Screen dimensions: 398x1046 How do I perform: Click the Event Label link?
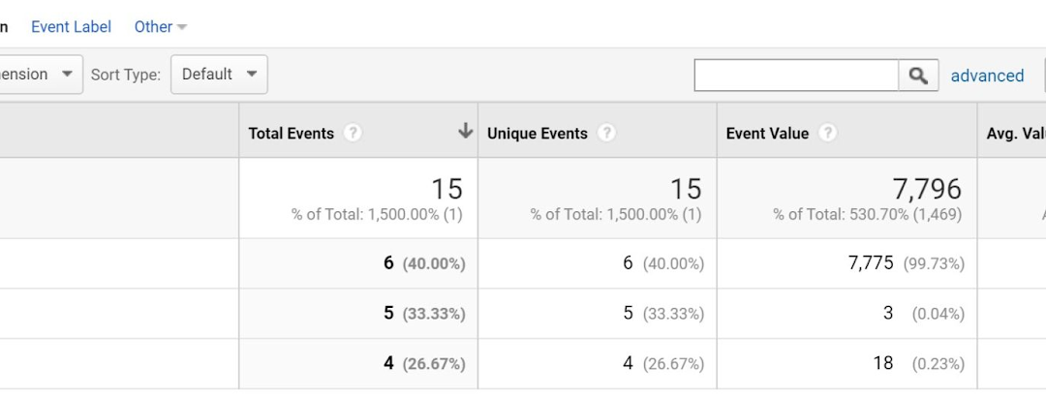pyautogui.click(x=71, y=27)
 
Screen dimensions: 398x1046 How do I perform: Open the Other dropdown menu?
pyautogui.click(x=160, y=27)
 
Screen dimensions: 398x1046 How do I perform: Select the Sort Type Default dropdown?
pyautogui.click(x=219, y=75)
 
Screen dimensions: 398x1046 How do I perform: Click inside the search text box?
pyautogui.click(x=796, y=76)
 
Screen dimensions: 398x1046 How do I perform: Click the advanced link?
pyautogui.click(x=987, y=76)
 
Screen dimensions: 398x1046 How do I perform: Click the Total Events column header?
pyautogui.click(x=291, y=134)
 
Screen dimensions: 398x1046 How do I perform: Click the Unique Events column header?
pyautogui.click(x=537, y=134)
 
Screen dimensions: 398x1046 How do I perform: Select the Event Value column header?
pyautogui.click(x=767, y=134)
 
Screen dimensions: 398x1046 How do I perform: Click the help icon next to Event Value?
pyautogui.click(x=828, y=134)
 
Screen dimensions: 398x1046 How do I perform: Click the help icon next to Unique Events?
pyautogui.click(x=607, y=134)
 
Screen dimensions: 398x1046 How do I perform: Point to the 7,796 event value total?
pyautogui.click(x=927, y=188)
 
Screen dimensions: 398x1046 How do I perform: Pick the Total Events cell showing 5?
pyautogui.click(x=388, y=314)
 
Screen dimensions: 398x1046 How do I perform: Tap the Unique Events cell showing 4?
pyautogui.click(x=628, y=364)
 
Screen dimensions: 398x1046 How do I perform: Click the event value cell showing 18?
pyautogui.click(x=881, y=364)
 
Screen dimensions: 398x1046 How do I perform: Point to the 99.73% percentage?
pyautogui.click(x=934, y=263)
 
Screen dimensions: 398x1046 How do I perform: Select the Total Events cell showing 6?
pyautogui.click(x=388, y=263)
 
